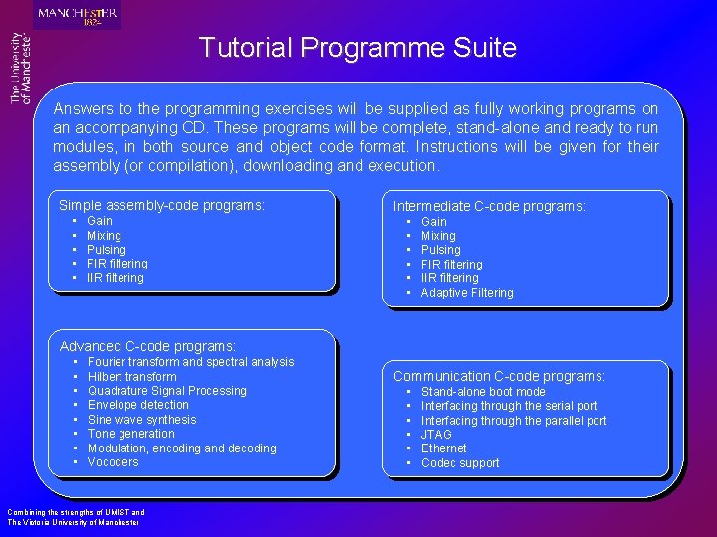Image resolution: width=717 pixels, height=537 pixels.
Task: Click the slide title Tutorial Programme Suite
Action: click(x=358, y=47)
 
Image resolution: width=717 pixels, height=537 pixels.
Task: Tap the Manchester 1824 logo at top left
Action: click(x=77, y=15)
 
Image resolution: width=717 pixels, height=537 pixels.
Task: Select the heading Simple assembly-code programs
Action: click(x=162, y=205)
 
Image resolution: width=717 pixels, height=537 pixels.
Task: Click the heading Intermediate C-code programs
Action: click(x=489, y=206)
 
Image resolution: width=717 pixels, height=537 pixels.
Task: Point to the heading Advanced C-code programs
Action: click(x=147, y=346)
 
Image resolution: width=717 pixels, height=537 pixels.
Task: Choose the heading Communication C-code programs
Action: click(x=499, y=376)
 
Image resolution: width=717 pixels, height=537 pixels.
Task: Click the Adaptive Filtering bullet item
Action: click(x=466, y=293)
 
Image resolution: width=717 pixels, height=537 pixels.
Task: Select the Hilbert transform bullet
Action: click(x=131, y=377)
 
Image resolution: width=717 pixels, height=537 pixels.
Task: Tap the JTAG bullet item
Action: click(x=436, y=435)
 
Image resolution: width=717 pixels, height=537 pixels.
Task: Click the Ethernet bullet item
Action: click(x=443, y=448)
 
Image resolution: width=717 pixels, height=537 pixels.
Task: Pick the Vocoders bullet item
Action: click(x=113, y=462)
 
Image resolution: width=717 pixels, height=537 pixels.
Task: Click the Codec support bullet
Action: click(x=460, y=463)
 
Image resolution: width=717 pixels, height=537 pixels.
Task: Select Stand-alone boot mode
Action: click(x=483, y=392)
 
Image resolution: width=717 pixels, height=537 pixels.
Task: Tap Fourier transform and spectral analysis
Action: click(x=190, y=362)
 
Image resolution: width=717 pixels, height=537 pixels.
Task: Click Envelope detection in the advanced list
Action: click(x=137, y=405)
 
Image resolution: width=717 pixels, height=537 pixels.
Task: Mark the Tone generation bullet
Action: click(x=130, y=434)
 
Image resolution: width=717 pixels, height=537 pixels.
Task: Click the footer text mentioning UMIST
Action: click(x=76, y=517)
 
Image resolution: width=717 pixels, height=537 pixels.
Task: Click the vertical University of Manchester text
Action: click(x=20, y=68)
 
